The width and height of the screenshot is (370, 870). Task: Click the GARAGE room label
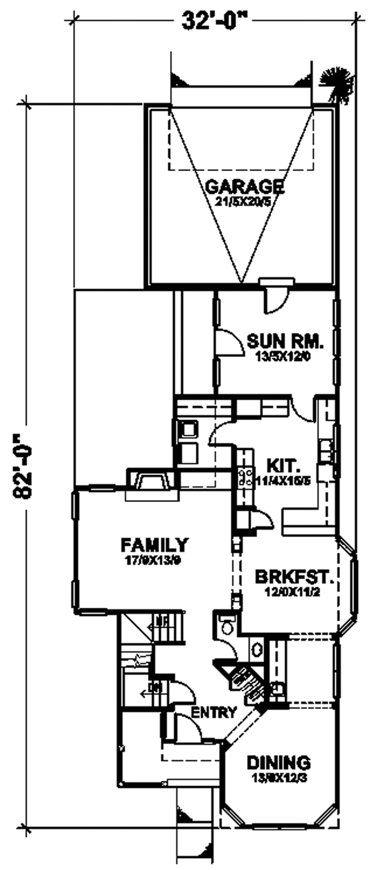(245, 185)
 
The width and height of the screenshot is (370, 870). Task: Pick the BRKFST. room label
(295, 578)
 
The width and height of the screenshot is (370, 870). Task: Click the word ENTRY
(213, 713)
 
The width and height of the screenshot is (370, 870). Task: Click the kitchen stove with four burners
(244, 476)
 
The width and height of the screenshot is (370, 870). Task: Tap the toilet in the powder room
(226, 625)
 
